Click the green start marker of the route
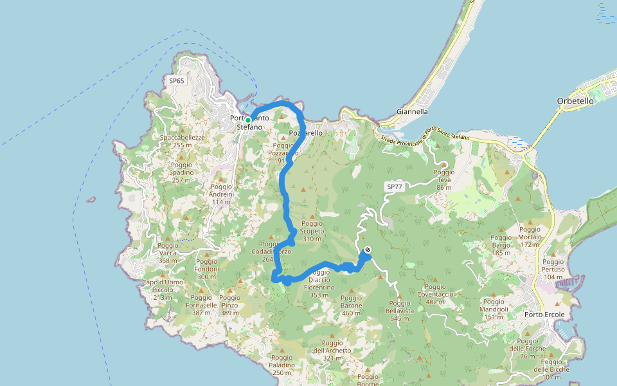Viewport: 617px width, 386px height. (x=248, y=120)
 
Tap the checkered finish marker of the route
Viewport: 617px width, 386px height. (x=367, y=250)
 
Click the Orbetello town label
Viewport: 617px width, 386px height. (x=575, y=101)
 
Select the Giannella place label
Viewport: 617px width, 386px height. (x=412, y=111)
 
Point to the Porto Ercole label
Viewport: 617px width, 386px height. (x=544, y=315)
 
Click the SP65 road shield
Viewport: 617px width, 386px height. (x=176, y=81)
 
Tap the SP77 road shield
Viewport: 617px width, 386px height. (x=394, y=187)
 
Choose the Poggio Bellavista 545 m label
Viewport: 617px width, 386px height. (x=399, y=311)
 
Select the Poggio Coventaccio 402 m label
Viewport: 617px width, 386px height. (x=435, y=294)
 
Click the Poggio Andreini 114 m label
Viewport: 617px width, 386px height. (x=220, y=194)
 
